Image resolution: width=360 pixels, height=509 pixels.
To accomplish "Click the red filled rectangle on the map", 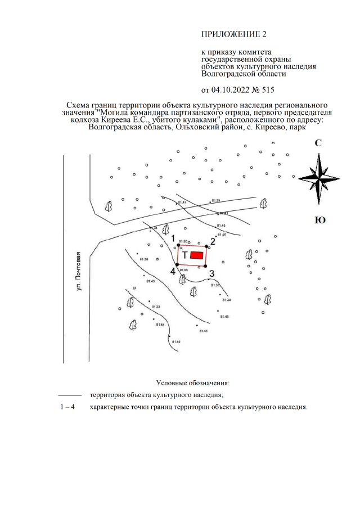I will tap(196, 255).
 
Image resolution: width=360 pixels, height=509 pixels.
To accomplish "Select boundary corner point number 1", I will tap(178, 245).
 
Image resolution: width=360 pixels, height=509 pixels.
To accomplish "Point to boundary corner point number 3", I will tap(206, 265).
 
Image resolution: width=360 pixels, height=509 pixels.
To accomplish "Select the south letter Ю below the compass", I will tap(319, 220).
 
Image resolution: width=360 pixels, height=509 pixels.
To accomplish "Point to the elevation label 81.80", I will tap(183, 241).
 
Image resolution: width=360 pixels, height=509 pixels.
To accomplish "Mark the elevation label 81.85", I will tap(183, 271).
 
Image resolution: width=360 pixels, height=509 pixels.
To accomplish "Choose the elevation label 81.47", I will tap(182, 202).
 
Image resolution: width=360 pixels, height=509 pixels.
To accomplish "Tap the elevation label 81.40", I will tap(176, 342).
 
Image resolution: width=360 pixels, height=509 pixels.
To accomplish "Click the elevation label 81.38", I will tap(143, 259).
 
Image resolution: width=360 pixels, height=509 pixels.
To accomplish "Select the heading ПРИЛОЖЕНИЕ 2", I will tap(233, 35).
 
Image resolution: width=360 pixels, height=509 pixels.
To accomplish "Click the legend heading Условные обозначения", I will tap(179, 383).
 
